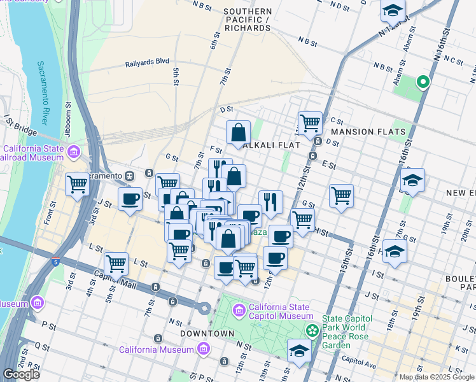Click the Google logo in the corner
tap(21, 374)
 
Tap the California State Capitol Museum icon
tap(239, 310)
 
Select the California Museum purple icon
tap(203, 349)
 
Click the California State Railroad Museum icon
tap(74, 152)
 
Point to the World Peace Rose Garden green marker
tap(312, 330)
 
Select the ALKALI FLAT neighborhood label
tap(271, 145)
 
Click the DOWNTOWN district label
tap(207, 334)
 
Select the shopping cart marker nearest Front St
tap(77, 185)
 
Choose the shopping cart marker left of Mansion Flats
tap(310, 122)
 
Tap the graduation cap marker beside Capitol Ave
tap(298, 350)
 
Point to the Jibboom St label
tap(68, 113)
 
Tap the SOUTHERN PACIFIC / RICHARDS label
tap(248, 20)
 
